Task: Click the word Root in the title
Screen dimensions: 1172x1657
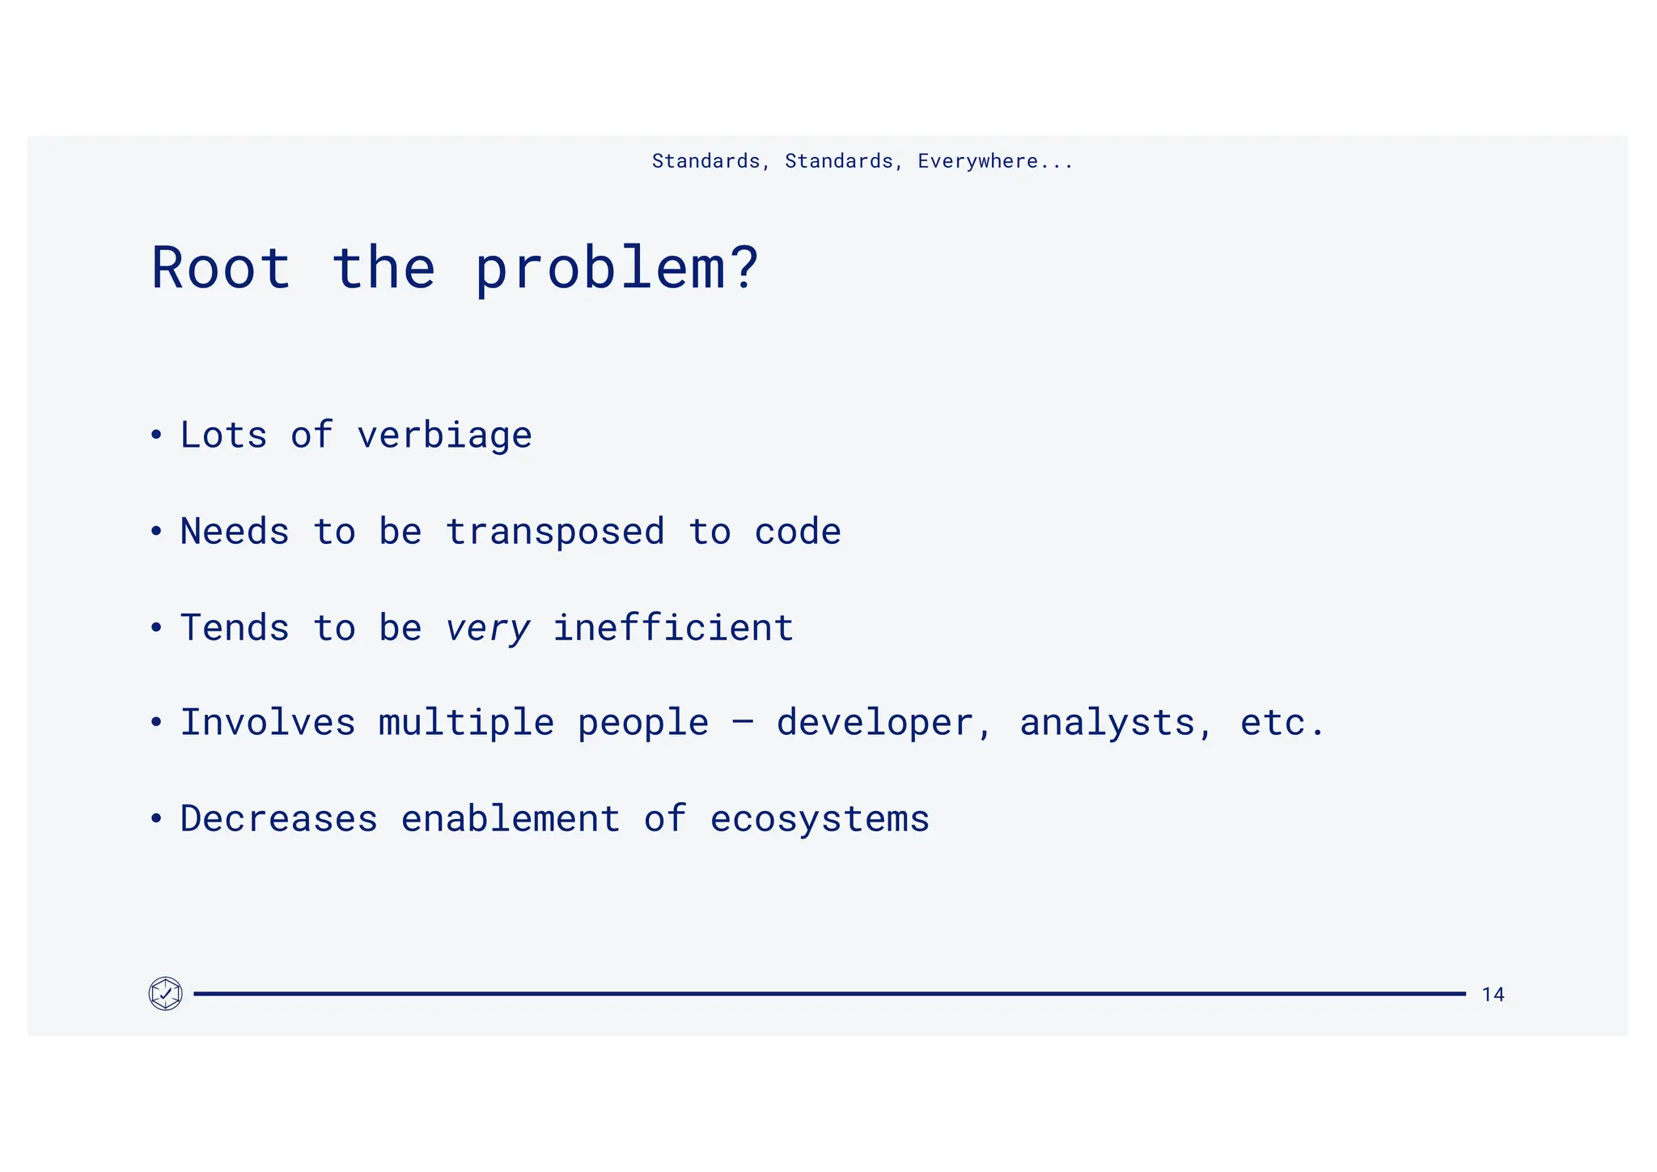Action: click(x=221, y=268)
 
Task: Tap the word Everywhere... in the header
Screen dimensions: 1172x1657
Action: click(x=994, y=161)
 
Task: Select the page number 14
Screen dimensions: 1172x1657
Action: click(x=1493, y=995)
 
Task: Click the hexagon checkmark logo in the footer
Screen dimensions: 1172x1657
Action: click(x=166, y=993)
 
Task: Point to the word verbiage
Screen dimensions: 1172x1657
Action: click(x=444, y=436)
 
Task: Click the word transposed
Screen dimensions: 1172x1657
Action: click(x=555, y=532)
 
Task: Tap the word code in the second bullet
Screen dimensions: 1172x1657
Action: click(x=798, y=532)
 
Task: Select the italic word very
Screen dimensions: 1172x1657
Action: click(x=488, y=629)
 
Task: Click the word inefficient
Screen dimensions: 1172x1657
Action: click(x=672, y=628)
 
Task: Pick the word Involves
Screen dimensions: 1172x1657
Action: click(x=268, y=722)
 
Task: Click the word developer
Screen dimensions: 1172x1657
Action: click(x=875, y=723)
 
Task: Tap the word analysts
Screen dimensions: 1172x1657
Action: click(x=1107, y=723)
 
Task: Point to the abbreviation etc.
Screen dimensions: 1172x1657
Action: click(x=1282, y=723)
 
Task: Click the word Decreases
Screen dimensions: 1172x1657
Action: click(x=278, y=818)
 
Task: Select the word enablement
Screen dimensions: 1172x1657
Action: click(x=511, y=818)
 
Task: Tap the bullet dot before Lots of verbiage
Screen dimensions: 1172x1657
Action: click(x=156, y=435)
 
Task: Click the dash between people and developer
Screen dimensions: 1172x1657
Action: click(x=743, y=720)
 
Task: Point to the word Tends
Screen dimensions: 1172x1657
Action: click(x=235, y=628)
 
